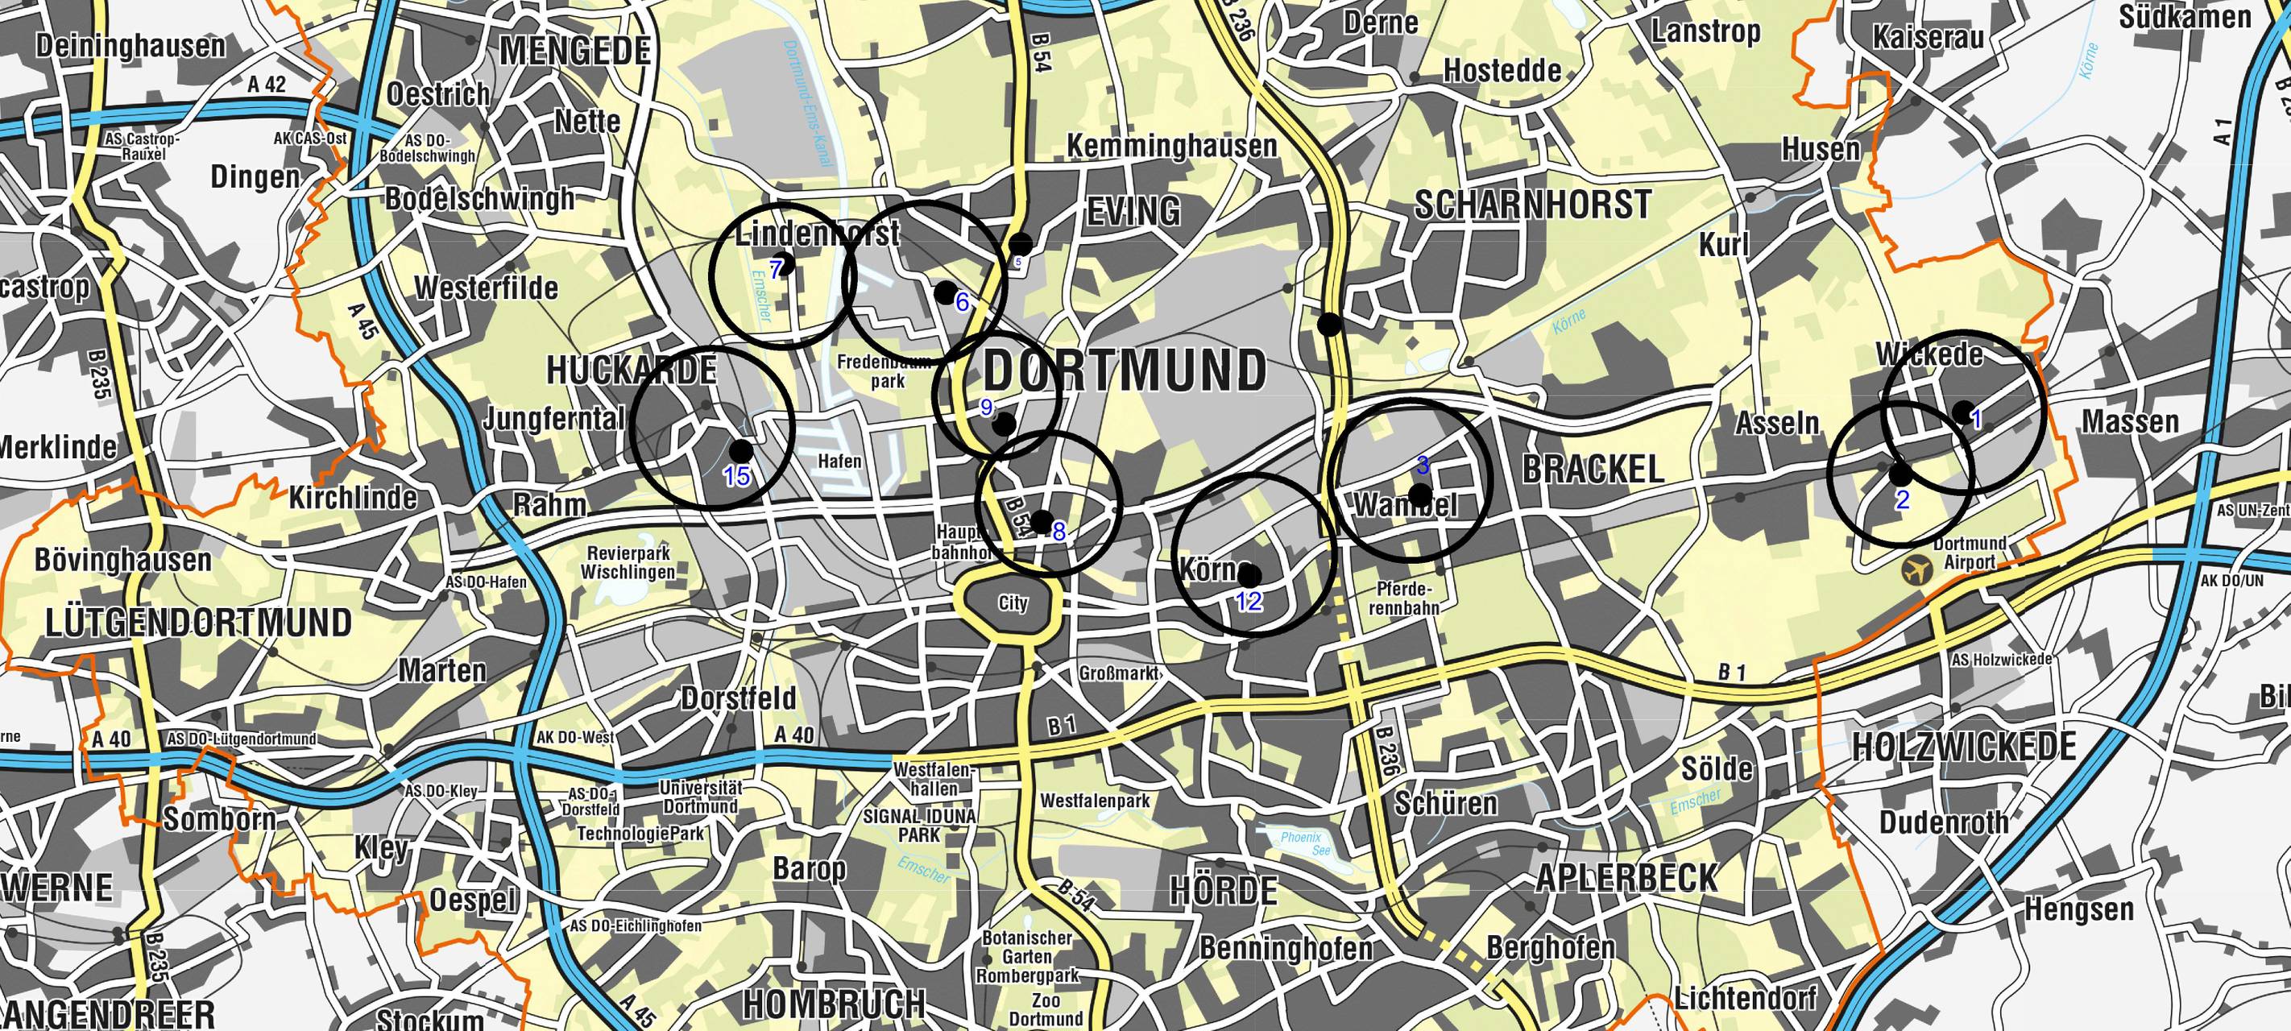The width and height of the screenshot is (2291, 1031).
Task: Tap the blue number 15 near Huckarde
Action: click(736, 477)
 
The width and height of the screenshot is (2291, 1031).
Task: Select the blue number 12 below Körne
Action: click(1249, 602)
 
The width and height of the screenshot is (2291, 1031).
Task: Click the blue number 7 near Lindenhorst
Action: click(776, 269)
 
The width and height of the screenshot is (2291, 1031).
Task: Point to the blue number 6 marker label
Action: click(961, 302)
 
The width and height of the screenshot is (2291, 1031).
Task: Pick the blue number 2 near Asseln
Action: click(1901, 500)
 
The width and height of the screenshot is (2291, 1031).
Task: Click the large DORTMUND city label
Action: click(1125, 370)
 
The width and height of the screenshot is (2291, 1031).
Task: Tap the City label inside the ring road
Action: click(1012, 604)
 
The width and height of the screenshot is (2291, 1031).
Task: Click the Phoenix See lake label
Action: click(1300, 843)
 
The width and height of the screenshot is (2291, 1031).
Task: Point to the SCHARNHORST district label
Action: click(1532, 205)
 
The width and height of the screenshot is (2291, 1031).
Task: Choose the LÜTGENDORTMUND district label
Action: click(197, 623)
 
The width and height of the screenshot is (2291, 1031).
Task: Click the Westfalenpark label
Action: click(1095, 801)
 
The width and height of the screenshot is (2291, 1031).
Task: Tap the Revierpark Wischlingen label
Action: click(628, 562)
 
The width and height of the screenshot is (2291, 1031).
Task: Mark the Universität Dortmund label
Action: click(700, 797)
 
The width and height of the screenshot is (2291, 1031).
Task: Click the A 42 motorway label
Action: click(267, 85)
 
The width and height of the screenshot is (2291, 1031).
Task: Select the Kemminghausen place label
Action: click(1171, 146)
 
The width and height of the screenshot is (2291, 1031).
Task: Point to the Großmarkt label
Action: click(1118, 673)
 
